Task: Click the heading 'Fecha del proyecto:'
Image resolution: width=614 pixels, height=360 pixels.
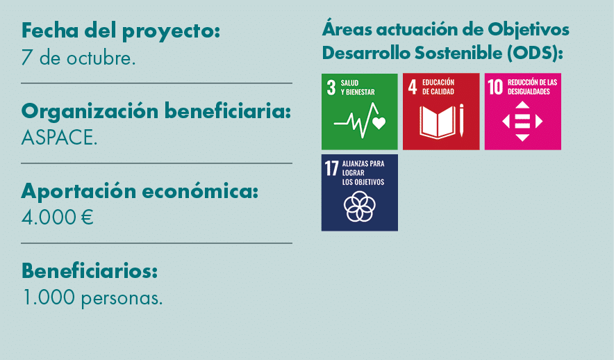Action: coord(121,31)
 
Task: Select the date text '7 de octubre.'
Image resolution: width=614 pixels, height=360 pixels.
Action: coord(78,58)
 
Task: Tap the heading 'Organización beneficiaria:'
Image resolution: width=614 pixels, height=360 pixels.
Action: coord(156,111)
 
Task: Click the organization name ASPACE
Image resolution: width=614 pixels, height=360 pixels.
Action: coord(59,138)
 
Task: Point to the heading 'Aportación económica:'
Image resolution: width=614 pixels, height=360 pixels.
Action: coord(140,191)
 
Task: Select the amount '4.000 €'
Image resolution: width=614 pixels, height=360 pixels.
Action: coord(58,218)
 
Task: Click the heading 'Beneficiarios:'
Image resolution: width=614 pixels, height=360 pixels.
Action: coord(90,270)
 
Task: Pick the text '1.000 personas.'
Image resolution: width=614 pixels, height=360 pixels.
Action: coord(92,298)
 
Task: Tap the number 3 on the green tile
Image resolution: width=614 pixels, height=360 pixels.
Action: coord(331,88)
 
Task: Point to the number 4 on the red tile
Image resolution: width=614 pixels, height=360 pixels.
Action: coord(413,88)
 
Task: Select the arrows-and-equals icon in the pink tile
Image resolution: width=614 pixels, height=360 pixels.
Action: coord(522,121)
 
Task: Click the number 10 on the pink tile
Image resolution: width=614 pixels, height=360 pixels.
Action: coord(495,88)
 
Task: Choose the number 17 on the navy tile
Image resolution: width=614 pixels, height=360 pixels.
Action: coord(331,169)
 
